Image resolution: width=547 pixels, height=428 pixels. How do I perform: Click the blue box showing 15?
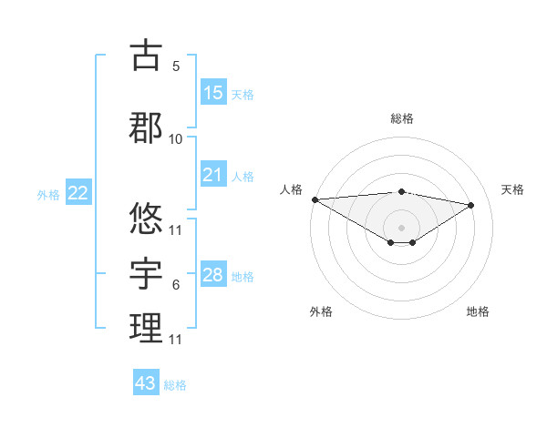(213, 93)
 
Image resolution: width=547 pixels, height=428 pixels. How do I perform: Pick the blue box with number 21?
(213, 175)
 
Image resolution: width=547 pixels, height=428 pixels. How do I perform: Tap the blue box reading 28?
(213, 275)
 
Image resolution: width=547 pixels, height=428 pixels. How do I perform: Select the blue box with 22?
(78, 193)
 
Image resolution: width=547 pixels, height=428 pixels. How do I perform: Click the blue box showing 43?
(146, 383)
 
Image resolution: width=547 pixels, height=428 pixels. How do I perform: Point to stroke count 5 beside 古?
(176, 66)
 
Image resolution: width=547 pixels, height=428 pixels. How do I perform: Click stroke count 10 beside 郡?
(176, 139)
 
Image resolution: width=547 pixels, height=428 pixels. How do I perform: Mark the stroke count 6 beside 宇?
(176, 285)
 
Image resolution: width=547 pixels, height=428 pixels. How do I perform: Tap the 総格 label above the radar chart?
(401, 118)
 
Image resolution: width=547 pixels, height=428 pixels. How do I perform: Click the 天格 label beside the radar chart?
(513, 189)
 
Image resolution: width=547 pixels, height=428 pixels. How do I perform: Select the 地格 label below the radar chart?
(478, 311)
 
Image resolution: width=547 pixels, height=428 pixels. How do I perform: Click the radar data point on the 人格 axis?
(315, 199)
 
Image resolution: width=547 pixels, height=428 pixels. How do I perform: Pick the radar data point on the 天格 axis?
(471, 205)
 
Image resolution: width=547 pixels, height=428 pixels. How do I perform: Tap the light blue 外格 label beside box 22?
(48, 194)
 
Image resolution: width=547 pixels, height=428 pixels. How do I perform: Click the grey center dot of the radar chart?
(401, 227)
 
